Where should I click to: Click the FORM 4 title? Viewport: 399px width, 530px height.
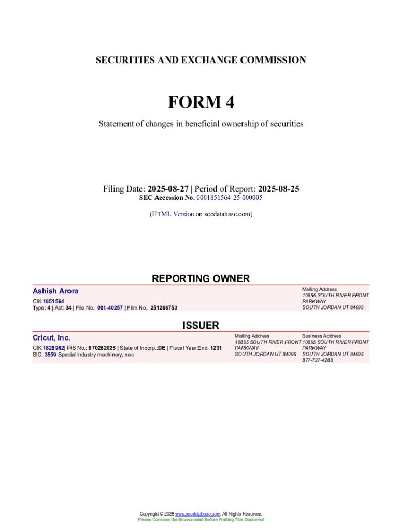coord(201,102)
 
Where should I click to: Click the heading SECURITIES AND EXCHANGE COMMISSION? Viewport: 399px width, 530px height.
coord(201,60)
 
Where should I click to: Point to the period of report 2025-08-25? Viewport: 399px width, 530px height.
coord(278,189)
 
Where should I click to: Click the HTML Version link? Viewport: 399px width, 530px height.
coord(173,214)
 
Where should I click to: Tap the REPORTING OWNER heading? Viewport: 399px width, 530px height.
coord(201,278)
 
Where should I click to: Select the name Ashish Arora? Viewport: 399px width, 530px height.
coord(55,291)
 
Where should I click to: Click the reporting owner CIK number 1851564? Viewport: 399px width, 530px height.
coord(53,301)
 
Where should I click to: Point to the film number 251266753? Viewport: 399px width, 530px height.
coord(164,308)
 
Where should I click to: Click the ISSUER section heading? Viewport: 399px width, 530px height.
coord(201,325)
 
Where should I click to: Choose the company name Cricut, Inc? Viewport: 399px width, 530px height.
coord(51,338)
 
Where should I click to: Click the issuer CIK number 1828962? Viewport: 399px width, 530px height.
coord(53,348)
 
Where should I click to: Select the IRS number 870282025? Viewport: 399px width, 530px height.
coord(102,348)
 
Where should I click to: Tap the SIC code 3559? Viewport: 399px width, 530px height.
coord(50,355)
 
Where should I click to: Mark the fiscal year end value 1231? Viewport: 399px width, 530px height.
coord(216,348)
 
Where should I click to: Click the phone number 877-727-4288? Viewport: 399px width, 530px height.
coord(318,360)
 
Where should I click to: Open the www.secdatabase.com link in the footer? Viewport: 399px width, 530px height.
coord(198,513)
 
